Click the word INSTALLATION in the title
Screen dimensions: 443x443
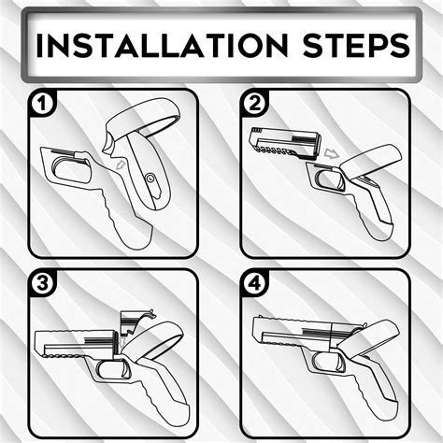point(154,44)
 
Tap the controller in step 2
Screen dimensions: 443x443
point(374,168)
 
